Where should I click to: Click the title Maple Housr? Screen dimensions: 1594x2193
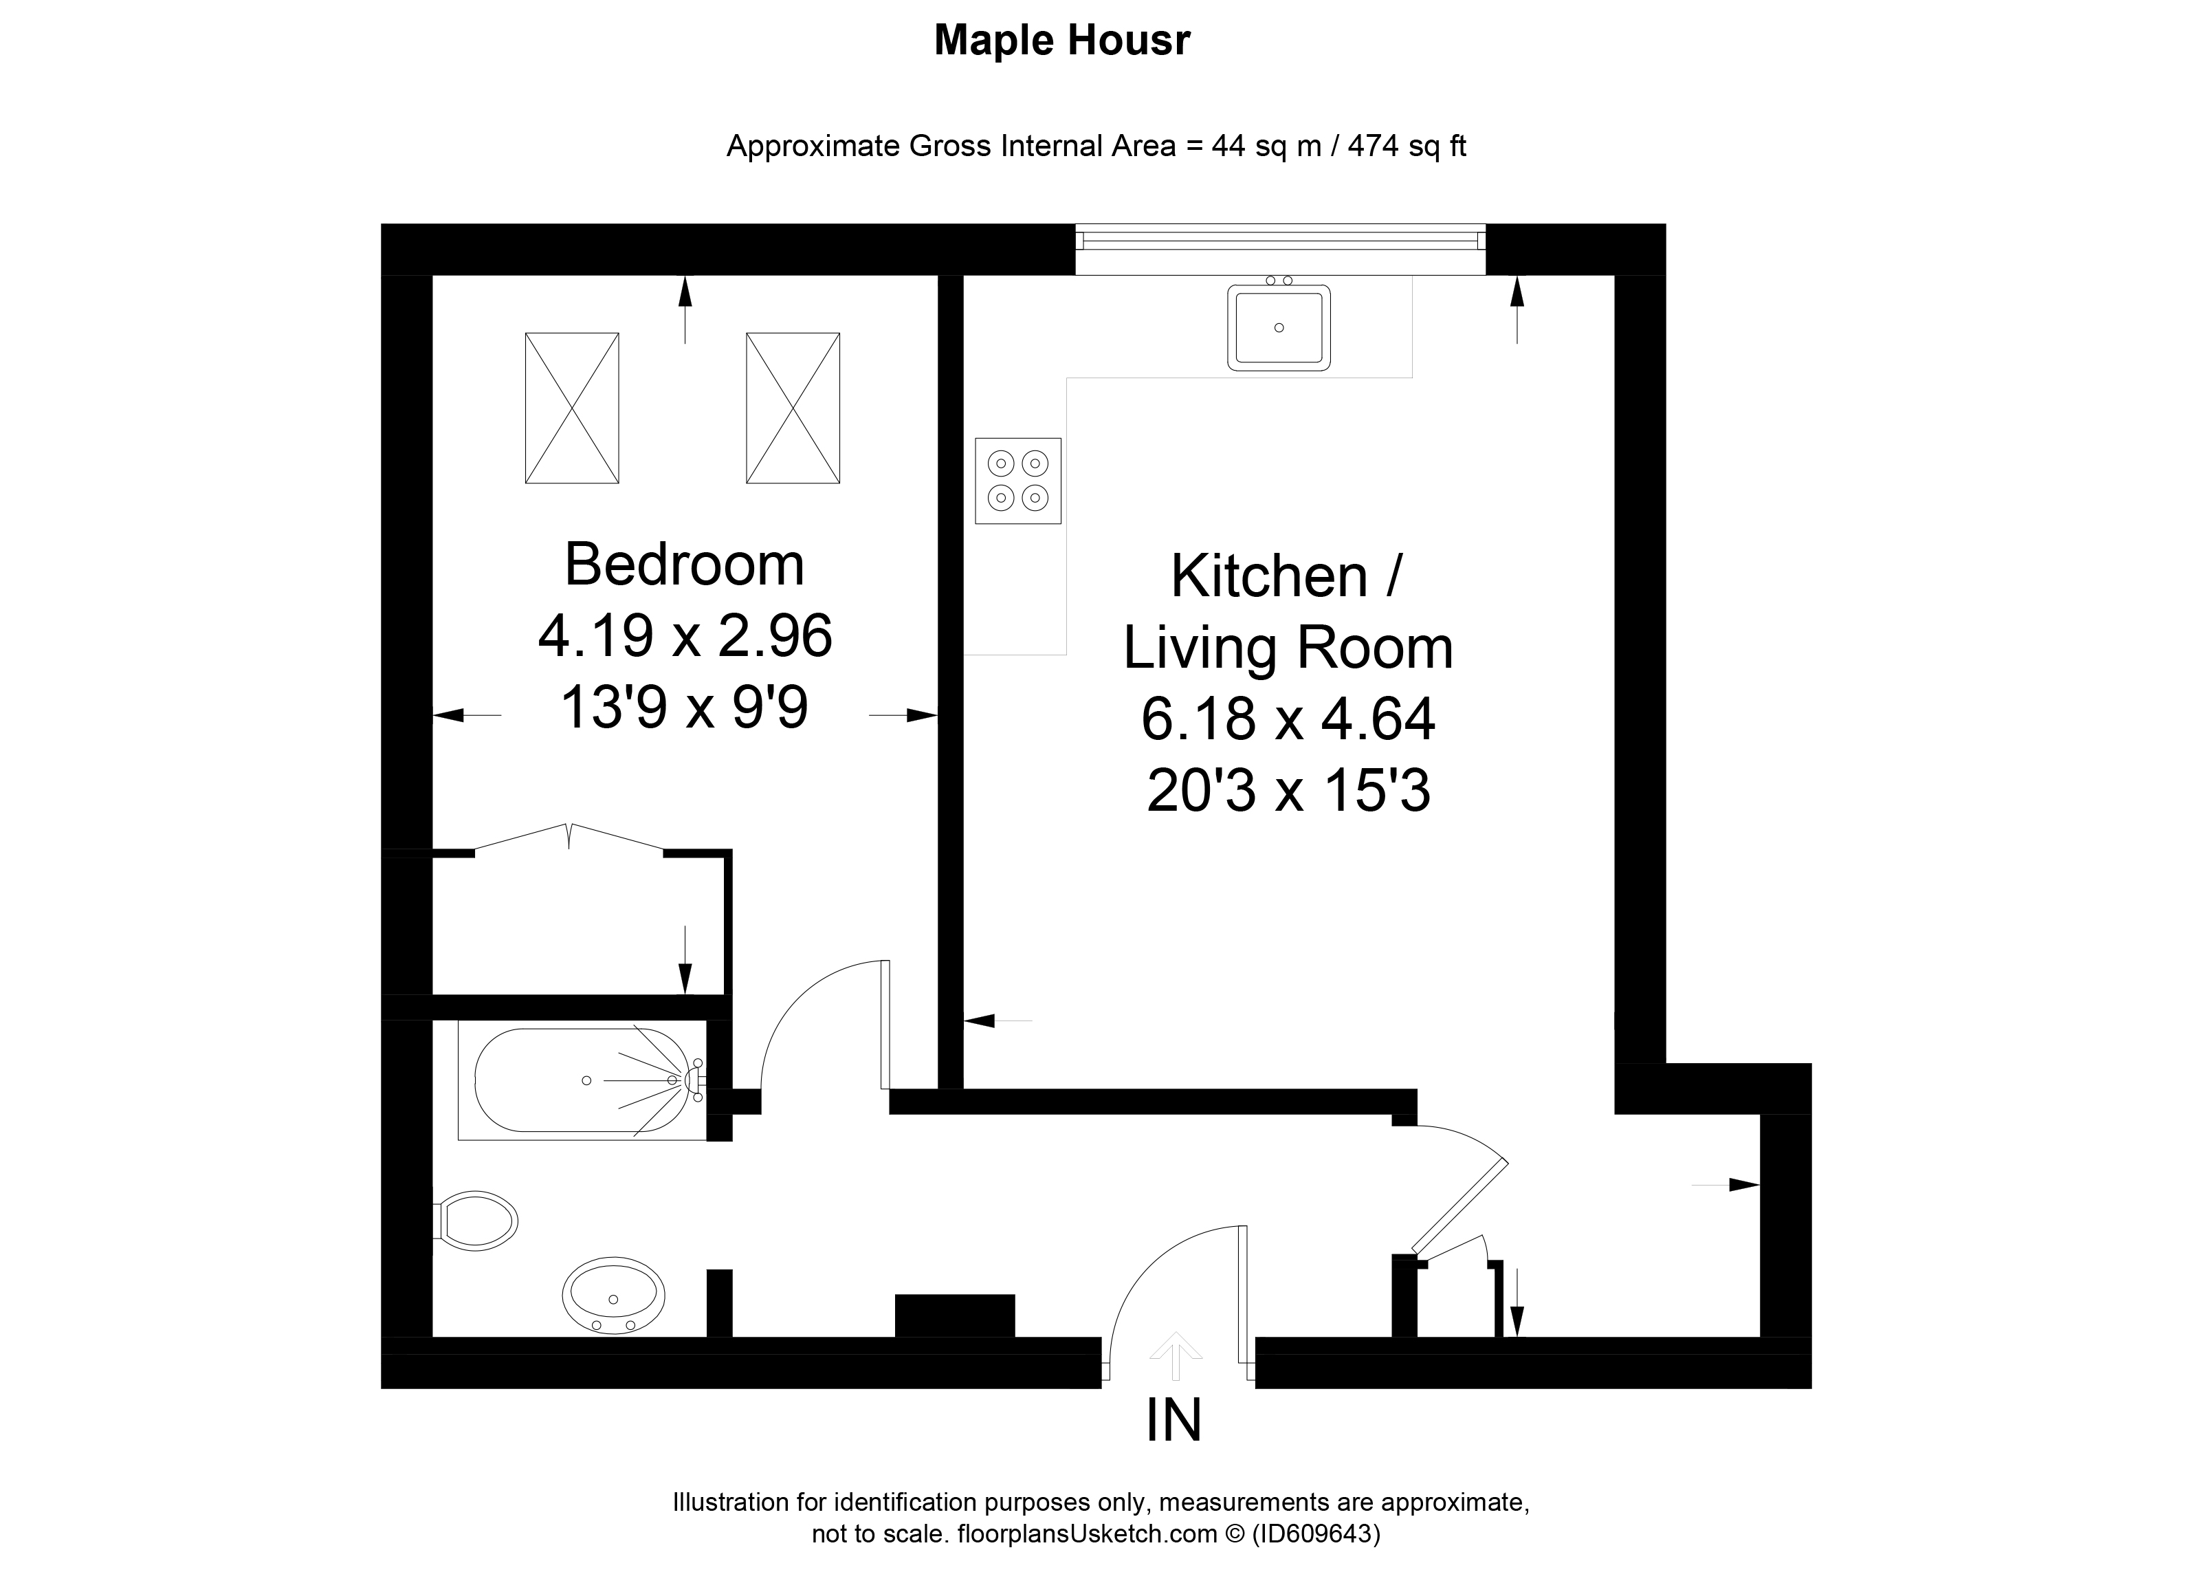pyautogui.click(x=1061, y=41)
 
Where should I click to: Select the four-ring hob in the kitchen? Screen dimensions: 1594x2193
pyautogui.click(x=1017, y=481)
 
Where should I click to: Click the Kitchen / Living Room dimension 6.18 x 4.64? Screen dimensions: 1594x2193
pyautogui.click(x=1288, y=719)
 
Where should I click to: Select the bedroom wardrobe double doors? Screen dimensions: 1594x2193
pyautogui.click(x=569, y=838)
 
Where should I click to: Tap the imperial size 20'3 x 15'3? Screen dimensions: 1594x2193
pyautogui.click(x=1288, y=791)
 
